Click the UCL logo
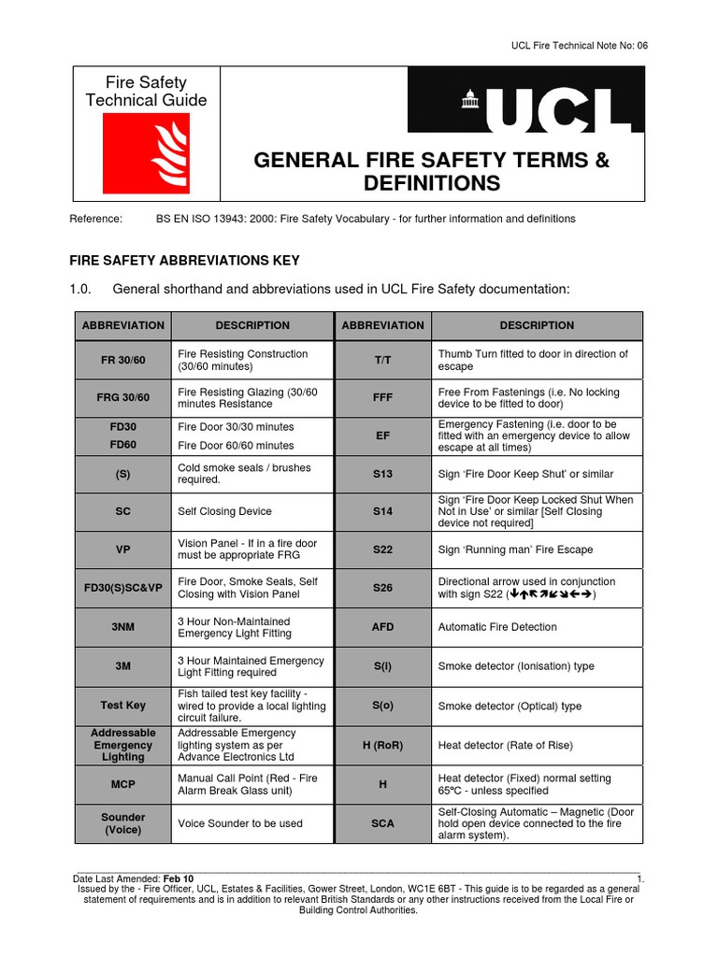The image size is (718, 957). click(525, 111)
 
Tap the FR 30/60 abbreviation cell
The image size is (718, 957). click(123, 360)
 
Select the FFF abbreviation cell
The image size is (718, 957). click(382, 398)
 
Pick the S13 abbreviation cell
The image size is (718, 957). click(382, 475)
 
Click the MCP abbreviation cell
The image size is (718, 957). click(123, 784)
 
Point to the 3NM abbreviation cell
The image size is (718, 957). click(123, 627)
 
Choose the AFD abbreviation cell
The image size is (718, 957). click(382, 627)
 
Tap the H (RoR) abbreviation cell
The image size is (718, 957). click(382, 746)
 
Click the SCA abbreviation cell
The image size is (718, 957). click(382, 823)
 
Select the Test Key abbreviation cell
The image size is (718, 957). click(123, 706)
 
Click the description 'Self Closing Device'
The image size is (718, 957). click(224, 512)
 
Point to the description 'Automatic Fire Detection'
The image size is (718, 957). click(497, 627)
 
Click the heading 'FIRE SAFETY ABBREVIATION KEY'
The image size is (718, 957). click(185, 261)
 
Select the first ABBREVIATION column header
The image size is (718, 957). click(123, 325)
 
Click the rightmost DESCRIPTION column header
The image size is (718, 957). click(537, 325)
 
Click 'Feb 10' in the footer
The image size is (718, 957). click(178, 879)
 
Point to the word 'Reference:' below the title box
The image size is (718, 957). click(96, 219)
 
